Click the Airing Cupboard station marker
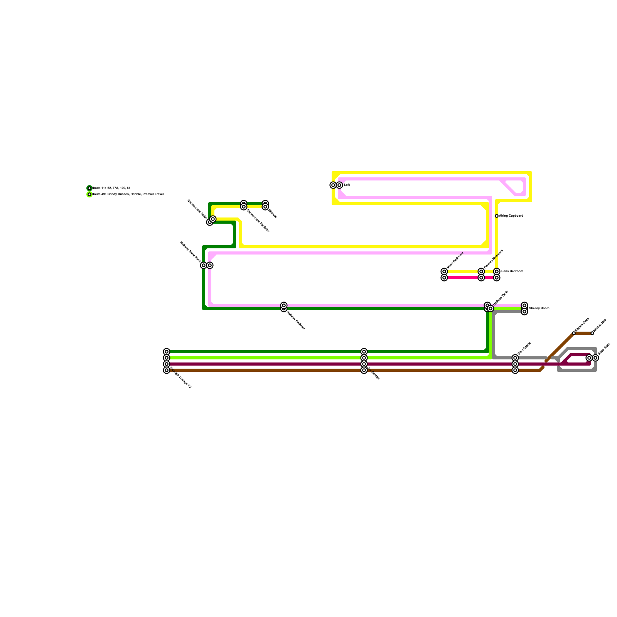497,216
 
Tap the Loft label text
347,185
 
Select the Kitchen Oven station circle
574,333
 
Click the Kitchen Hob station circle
592,333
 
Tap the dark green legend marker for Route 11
89,188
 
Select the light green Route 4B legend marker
89,194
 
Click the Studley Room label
539,308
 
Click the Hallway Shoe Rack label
190,251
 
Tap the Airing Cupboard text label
511,216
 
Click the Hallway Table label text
501,298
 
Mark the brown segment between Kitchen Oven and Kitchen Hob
583,333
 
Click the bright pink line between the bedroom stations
463,278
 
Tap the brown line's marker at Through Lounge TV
167,370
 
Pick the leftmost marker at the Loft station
333,185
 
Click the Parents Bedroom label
493,259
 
